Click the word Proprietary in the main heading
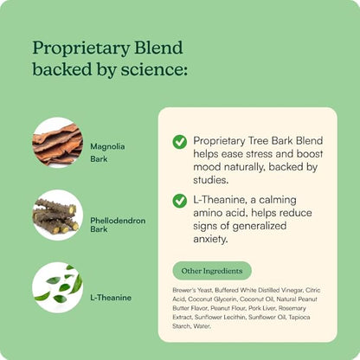click(x=79, y=48)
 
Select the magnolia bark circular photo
click(x=57, y=142)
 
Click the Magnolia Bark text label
click(x=107, y=152)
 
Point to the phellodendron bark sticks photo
click(x=57, y=215)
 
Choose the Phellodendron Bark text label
click(x=118, y=225)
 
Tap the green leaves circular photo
click(x=57, y=287)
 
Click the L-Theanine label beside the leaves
click(x=111, y=298)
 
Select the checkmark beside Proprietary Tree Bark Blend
click(x=180, y=142)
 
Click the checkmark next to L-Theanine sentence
click(x=180, y=201)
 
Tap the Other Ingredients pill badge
click(x=212, y=271)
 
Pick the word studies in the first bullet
click(x=211, y=180)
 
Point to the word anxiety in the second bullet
click(x=210, y=239)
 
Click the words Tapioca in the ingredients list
click(x=299, y=317)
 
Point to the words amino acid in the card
click(x=221, y=213)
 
